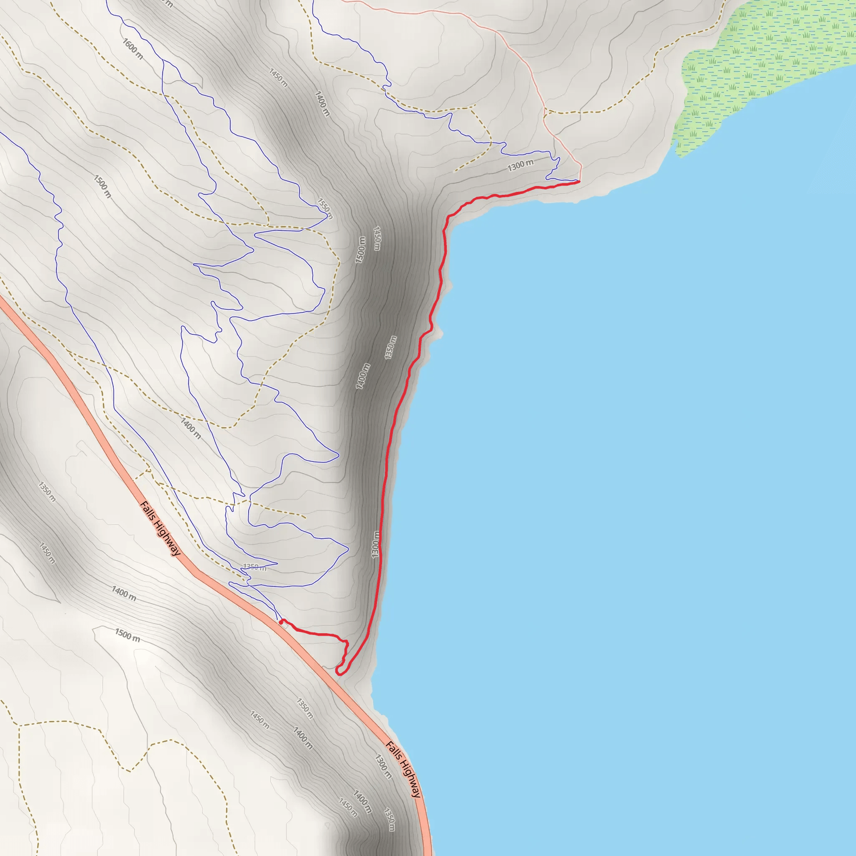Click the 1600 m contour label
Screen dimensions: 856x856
(x=132, y=49)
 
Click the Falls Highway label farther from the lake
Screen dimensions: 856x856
(x=160, y=528)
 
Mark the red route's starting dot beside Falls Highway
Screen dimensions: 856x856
(x=281, y=622)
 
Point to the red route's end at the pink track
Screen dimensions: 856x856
(x=579, y=181)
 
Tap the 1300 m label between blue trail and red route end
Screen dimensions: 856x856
(x=521, y=165)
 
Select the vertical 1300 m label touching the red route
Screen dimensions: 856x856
(x=376, y=545)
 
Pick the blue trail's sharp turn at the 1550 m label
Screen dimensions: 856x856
(x=331, y=216)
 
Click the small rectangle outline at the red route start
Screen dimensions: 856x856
(x=283, y=625)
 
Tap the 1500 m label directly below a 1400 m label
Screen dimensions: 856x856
(x=127, y=635)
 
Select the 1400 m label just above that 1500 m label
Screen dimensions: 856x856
(x=124, y=593)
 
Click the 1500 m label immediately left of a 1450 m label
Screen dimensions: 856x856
(x=361, y=250)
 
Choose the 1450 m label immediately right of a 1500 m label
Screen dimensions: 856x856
(x=377, y=238)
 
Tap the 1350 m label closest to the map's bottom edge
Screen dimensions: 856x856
(x=389, y=820)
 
